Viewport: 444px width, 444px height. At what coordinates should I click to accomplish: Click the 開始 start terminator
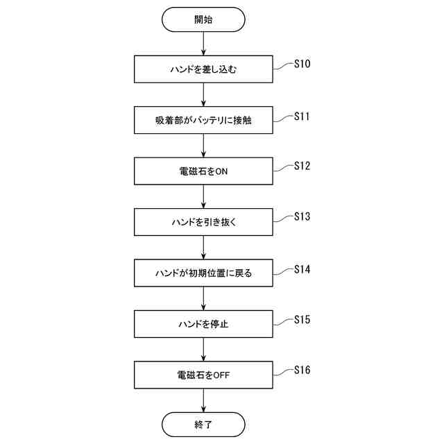[203, 19]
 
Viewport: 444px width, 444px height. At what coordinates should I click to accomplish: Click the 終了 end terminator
[203, 423]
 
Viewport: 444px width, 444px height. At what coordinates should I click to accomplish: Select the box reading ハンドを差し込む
[203, 69]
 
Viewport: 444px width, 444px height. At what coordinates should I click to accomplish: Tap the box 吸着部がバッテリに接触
[203, 120]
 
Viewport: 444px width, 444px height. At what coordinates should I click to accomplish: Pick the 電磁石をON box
[203, 171]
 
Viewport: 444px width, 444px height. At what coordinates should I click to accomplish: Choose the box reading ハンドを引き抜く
[203, 222]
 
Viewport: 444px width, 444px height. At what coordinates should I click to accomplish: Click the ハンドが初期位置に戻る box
[203, 273]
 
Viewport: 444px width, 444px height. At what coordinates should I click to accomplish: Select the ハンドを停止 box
[203, 324]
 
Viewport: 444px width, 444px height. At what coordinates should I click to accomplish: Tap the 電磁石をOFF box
[203, 375]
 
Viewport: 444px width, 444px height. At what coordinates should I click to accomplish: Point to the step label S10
[302, 64]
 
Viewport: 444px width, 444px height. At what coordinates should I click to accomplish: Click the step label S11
[302, 115]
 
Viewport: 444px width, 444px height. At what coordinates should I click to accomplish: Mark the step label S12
[302, 166]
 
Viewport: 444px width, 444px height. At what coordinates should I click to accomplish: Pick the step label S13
[302, 216]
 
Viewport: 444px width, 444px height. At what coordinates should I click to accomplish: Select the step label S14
[302, 268]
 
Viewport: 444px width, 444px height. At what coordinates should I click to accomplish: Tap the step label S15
[302, 319]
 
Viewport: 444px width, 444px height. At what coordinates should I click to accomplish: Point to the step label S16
[302, 370]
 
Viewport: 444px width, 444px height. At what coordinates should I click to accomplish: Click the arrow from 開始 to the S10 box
[203, 44]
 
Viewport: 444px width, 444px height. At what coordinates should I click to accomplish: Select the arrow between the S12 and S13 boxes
[203, 197]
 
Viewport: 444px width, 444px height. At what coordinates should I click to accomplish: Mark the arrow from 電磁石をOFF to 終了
[203, 400]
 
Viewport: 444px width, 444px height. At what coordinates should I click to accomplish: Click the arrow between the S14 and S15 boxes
[203, 298]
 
